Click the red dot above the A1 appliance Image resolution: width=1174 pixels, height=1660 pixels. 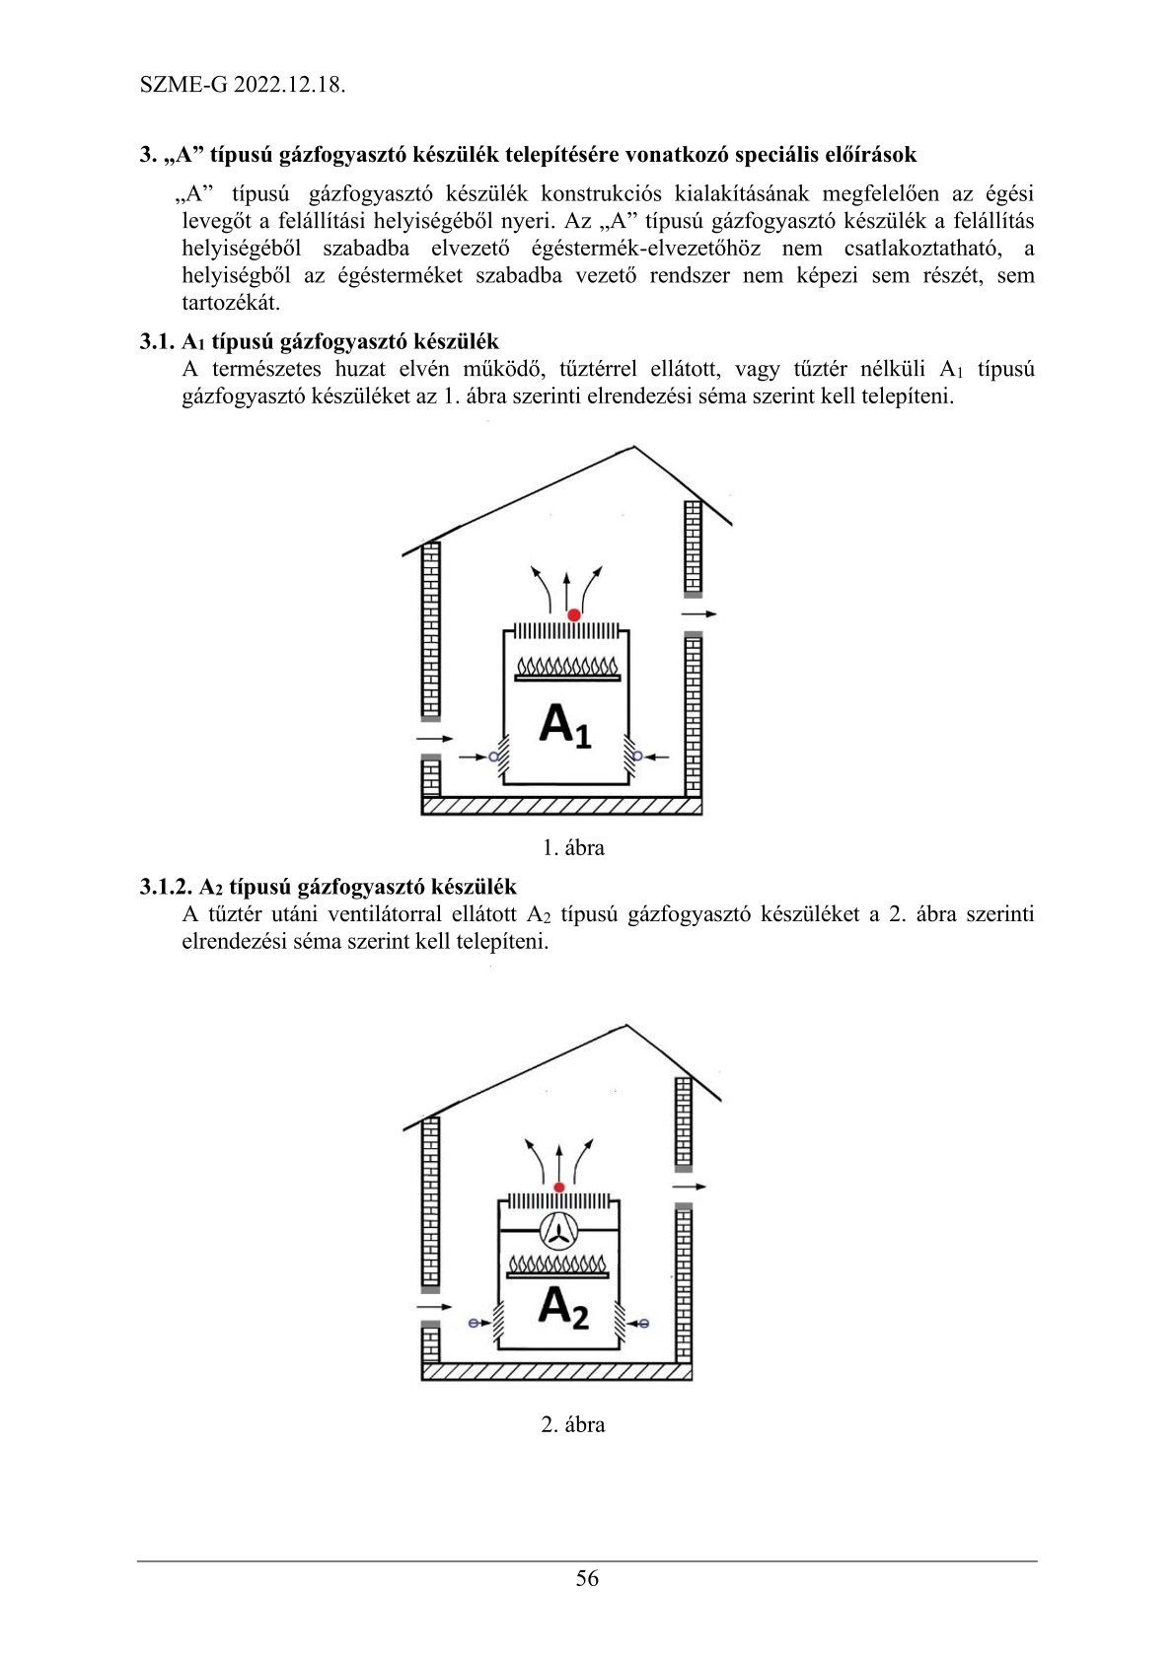[574, 614]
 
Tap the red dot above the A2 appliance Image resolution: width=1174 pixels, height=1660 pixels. [559, 1188]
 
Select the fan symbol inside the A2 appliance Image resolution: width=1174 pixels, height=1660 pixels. [558, 1229]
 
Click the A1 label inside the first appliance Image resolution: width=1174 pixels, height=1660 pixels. [564, 726]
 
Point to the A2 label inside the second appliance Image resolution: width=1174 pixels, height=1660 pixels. [563, 1307]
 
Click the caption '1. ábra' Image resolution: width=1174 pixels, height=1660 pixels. [573, 847]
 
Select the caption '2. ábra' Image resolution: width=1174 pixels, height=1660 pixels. [573, 1424]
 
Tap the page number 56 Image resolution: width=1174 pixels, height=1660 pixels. [587, 1578]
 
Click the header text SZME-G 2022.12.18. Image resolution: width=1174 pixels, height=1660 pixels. [243, 84]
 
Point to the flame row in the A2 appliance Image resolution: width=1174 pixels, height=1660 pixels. [559, 1263]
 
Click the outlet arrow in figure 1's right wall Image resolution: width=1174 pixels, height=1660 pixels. [699, 614]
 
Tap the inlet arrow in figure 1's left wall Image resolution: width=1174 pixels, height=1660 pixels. [434, 738]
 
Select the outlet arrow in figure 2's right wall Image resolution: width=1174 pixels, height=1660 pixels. [690, 1187]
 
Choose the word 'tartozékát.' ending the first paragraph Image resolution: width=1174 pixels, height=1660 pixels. [231, 303]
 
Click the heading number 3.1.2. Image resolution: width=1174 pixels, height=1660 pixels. [166, 887]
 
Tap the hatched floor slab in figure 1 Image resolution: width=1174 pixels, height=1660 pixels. [561, 806]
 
